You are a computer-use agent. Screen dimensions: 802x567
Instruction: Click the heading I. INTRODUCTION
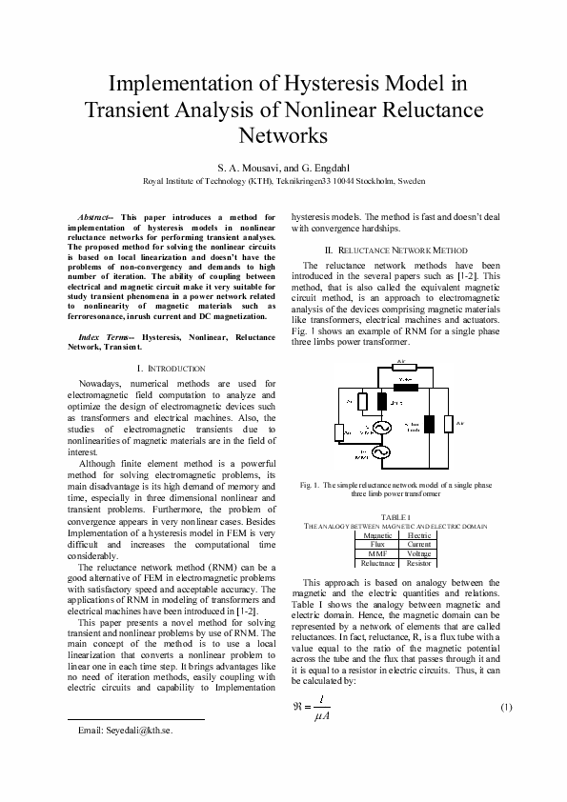pos(172,368)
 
